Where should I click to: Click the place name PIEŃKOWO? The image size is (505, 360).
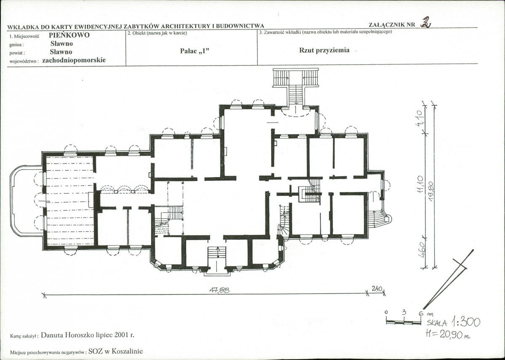click(x=69, y=35)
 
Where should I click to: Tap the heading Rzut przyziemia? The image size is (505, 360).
click(x=324, y=50)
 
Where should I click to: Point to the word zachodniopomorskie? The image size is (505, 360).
click(x=74, y=60)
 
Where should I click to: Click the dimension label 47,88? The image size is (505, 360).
click(x=219, y=290)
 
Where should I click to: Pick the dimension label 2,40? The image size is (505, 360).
click(x=377, y=289)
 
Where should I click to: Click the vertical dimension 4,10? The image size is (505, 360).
click(x=419, y=118)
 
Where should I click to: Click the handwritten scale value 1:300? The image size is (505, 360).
click(x=466, y=322)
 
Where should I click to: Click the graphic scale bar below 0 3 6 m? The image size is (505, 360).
click(x=403, y=321)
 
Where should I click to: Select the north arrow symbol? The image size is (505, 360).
click(x=448, y=279)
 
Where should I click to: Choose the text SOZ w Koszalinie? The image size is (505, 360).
click(x=116, y=352)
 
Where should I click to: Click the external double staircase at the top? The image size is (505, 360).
click(x=295, y=86)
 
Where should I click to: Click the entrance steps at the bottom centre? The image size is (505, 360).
click(x=217, y=261)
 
